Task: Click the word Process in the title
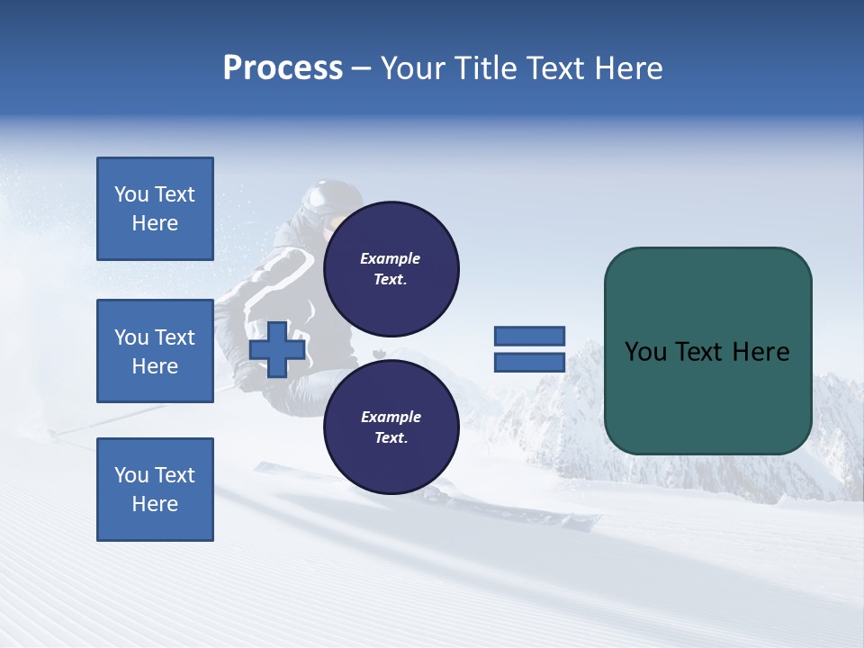pyautogui.click(x=283, y=68)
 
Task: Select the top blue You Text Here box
pyautogui.click(x=155, y=209)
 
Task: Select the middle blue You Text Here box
pyautogui.click(x=155, y=351)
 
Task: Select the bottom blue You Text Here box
pyautogui.click(x=155, y=489)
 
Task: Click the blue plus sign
pyautogui.click(x=277, y=351)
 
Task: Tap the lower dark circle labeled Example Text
pyautogui.click(x=391, y=427)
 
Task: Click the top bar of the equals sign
pyautogui.click(x=529, y=337)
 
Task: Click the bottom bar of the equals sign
pyautogui.click(x=529, y=363)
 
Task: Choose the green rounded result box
pyautogui.click(x=707, y=351)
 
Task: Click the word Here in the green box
pyautogui.click(x=761, y=352)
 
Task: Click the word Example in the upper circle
pyautogui.click(x=391, y=258)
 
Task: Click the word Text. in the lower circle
pyautogui.click(x=391, y=438)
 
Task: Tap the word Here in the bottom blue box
pyautogui.click(x=155, y=504)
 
